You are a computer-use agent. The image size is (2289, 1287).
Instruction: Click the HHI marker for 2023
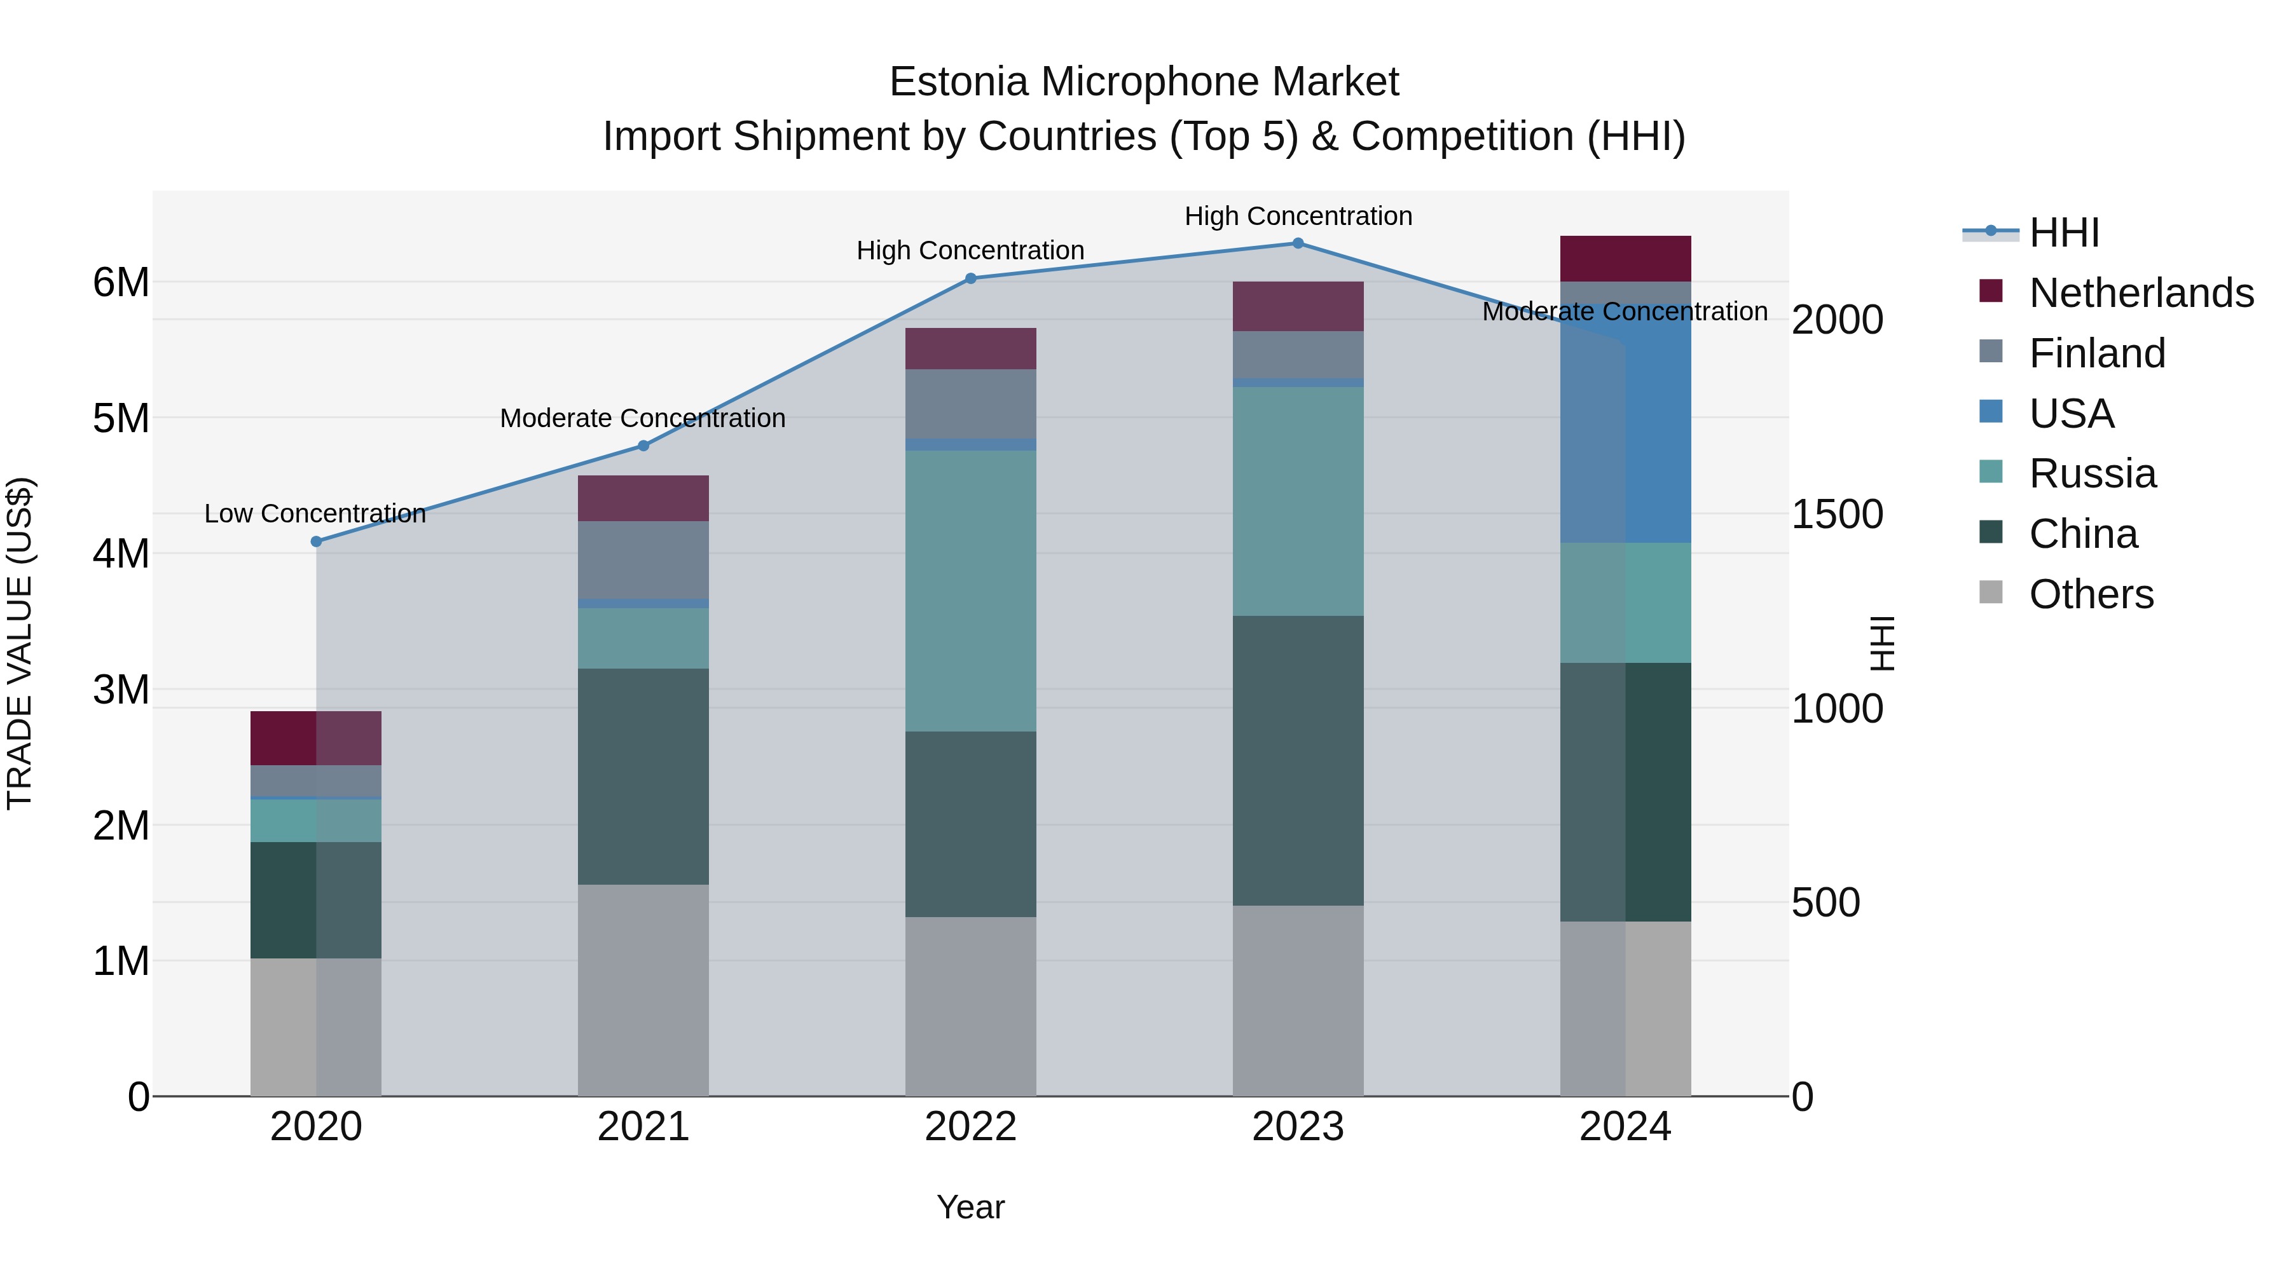click(x=1297, y=243)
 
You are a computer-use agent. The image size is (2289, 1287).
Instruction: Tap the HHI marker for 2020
click(x=317, y=541)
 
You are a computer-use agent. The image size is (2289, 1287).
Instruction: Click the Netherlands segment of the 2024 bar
click(x=1625, y=259)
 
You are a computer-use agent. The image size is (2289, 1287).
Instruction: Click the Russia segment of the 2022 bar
click(x=970, y=590)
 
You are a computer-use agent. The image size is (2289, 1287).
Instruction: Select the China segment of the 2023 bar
click(x=1297, y=760)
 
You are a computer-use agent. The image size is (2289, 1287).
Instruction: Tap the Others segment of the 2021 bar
click(x=643, y=990)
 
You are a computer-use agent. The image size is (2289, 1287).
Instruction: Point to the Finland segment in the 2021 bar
click(x=643, y=559)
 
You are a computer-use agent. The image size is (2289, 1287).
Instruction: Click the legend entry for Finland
click(x=2097, y=353)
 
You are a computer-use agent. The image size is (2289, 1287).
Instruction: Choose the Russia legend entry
click(x=2092, y=473)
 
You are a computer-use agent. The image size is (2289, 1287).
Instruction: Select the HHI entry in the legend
click(x=2063, y=233)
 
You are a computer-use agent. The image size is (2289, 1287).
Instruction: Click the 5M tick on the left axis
click(x=121, y=418)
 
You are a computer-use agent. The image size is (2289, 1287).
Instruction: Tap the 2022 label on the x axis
click(x=970, y=1127)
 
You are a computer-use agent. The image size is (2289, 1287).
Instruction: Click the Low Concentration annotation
click(x=315, y=514)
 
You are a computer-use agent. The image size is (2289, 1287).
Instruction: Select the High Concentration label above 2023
click(x=1297, y=216)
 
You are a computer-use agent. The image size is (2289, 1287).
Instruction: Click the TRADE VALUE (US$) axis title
click(x=20, y=643)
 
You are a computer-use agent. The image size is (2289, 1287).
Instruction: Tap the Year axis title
click(x=970, y=1207)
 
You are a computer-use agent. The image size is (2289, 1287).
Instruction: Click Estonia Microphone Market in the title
click(x=1144, y=82)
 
